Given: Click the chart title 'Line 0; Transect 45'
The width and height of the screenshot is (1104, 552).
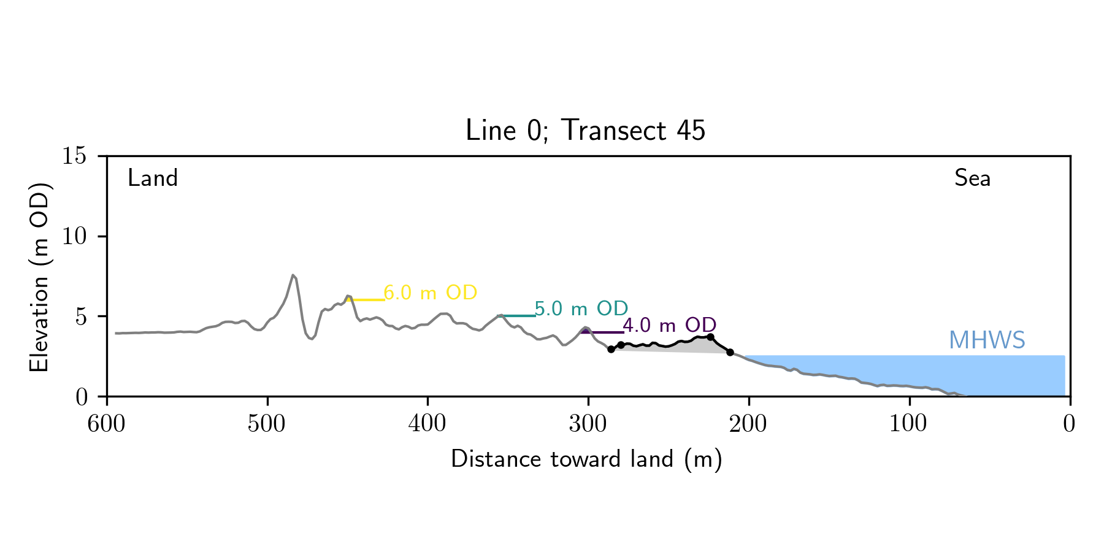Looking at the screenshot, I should (585, 131).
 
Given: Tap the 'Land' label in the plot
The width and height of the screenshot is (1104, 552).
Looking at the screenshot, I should (153, 178).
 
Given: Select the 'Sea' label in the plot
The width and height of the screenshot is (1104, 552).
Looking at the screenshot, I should (972, 178).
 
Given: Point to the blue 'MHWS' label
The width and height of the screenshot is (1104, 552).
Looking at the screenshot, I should (987, 340).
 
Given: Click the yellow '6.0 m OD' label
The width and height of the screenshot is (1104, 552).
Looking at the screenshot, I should (430, 293).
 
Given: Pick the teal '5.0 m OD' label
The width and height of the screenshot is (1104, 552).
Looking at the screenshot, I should (581, 309).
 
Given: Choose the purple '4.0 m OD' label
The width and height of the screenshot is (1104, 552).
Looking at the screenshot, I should (670, 325).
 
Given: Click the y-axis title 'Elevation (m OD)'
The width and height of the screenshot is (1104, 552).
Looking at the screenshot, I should (39, 277).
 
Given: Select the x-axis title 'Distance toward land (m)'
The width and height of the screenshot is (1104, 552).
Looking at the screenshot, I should (586, 459).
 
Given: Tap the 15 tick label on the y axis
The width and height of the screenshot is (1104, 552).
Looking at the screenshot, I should (74, 156).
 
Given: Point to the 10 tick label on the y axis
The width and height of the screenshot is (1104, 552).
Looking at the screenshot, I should (74, 237).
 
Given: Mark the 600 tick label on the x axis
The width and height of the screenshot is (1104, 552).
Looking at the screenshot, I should (107, 424).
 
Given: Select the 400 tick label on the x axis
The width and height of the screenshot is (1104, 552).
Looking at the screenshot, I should (427, 424).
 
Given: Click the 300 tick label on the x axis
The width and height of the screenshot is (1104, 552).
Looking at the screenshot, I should (588, 424).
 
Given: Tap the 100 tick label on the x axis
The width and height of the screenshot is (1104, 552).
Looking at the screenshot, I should (909, 424).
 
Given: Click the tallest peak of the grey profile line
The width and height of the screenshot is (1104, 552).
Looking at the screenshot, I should (293, 275).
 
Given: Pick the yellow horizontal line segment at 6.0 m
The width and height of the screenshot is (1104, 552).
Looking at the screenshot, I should (367, 300).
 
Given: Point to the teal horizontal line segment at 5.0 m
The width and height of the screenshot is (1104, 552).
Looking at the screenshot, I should (516, 316).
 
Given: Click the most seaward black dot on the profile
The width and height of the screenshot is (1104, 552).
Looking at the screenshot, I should (730, 352).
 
